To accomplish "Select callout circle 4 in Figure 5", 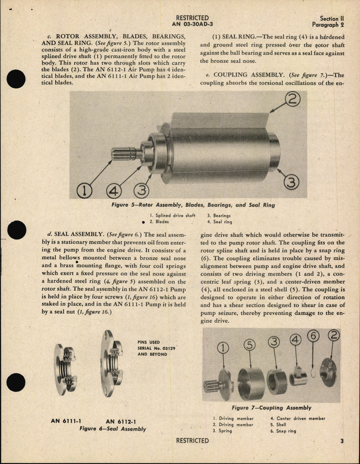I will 114,192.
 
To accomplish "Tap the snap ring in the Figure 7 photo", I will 314,374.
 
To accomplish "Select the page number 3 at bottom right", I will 342,441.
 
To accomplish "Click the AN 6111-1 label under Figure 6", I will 66,421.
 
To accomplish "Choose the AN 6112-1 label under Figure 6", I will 121,422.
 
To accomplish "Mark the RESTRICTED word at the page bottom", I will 192,441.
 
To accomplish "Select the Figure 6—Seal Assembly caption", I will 112,429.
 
